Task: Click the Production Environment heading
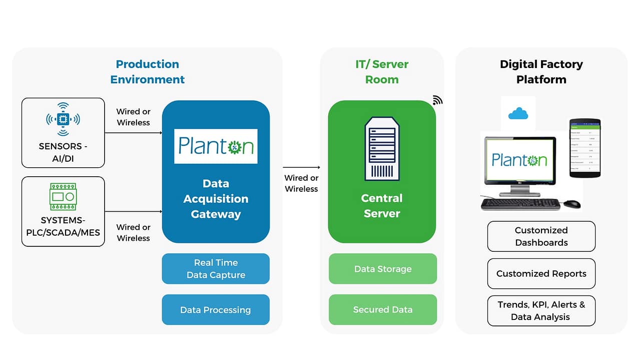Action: tap(147, 72)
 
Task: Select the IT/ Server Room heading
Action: tap(382, 72)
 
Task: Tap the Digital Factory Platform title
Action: tap(541, 72)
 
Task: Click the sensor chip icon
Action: tap(63, 119)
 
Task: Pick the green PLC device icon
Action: tap(63, 196)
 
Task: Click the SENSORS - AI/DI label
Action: tap(63, 152)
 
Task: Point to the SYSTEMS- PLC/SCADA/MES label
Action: tap(63, 226)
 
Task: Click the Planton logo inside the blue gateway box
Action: tap(216, 146)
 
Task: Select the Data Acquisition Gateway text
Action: tap(216, 199)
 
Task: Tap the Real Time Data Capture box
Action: tap(216, 269)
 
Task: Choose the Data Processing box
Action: tap(216, 310)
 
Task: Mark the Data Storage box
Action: tap(382, 269)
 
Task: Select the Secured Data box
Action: tap(382, 310)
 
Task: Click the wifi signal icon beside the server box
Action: tap(437, 100)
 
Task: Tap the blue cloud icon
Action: tap(518, 114)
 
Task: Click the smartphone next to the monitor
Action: tap(584, 148)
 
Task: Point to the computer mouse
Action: tap(572, 204)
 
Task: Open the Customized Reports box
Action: tap(541, 274)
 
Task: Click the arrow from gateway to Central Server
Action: tap(301, 167)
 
